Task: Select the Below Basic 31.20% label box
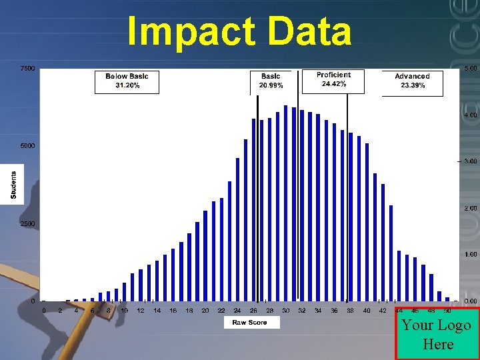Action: pos(127,81)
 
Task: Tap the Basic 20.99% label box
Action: pos(271,81)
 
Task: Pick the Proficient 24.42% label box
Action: pos(333,80)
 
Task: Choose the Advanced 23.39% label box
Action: pos(412,81)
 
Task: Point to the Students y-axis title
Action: pos(14,185)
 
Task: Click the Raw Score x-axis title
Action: pos(249,323)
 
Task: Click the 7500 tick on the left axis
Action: pos(27,69)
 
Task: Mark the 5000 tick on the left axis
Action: pos(27,146)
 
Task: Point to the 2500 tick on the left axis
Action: pos(27,224)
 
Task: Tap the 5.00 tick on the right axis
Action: pos(470,69)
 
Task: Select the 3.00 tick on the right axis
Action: pos(470,161)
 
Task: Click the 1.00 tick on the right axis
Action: pos(470,255)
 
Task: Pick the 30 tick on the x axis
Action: pos(285,311)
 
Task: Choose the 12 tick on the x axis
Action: pos(141,311)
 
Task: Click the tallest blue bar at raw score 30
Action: pos(285,203)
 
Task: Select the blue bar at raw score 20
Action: pos(205,256)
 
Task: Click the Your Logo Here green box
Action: pos(437,335)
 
